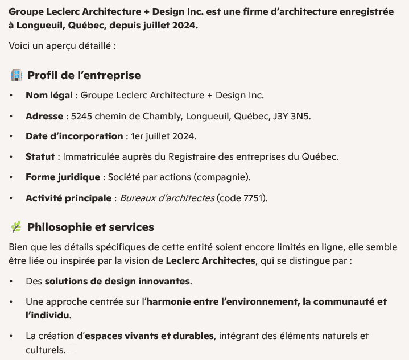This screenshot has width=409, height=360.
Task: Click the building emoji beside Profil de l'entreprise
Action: click(x=16, y=75)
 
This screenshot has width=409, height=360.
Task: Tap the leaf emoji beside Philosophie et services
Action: click(x=16, y=227)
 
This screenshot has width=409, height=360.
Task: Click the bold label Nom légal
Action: click(x=49, y=95)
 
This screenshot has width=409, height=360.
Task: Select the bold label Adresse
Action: click(x=44, y=116)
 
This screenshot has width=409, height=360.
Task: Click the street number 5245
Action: click(x=81, y=116)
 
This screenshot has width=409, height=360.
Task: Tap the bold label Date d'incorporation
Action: click(x=74, y=136)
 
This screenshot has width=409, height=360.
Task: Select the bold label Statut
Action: click(x=40, y=157)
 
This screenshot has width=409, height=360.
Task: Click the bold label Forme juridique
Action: click(x=63, y=177)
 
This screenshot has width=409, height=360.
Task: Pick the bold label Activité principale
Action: click(x=68, y=198)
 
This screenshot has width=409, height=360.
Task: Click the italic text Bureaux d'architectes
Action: click(x=167, y=198)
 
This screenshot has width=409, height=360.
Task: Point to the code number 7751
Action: click(x=254, y=198)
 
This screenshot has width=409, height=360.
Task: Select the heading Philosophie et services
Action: click(x=90, y=227)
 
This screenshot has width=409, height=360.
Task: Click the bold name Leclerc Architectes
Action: click(x=210, y=261)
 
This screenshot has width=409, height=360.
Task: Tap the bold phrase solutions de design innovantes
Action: click(x=118, y=281)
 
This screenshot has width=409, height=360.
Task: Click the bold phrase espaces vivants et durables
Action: click(x=148, y=336)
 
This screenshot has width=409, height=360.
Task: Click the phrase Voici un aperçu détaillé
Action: click(x=63, y=45)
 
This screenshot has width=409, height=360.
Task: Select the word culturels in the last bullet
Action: click(x=44, y=349)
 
